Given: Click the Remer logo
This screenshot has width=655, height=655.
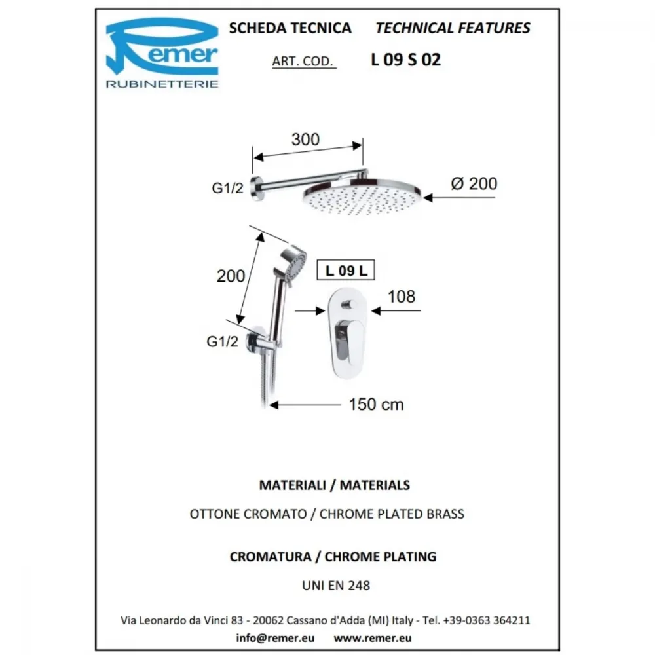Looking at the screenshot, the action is click(x=162, y=53).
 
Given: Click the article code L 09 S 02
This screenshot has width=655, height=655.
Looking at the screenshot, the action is click(x=405, y=60).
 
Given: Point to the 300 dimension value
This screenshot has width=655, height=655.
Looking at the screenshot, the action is click(x=305, y=140).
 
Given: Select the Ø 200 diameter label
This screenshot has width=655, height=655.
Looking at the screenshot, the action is click(x=474, y=184).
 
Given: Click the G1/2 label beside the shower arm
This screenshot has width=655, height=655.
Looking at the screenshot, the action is click(x=227, y=188).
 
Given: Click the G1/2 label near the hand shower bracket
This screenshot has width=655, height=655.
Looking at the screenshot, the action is click(x=222, y=341).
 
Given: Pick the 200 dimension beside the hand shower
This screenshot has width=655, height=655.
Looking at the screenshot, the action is click(x=231, y=276).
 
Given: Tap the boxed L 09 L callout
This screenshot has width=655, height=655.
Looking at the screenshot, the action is click(x=346, y=271).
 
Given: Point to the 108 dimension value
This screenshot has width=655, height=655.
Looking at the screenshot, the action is click(x=402, y=297).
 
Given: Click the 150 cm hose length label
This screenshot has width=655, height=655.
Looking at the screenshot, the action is click(x=376, y=404).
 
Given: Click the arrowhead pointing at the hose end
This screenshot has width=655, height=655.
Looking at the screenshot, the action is click(x=274, y=405).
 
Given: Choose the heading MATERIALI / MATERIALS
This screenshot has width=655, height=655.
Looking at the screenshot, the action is click(x=335, y=485).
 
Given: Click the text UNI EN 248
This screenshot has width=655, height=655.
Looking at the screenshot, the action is click(x=336, y=585).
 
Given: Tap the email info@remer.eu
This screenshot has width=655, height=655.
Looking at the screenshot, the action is click(x=275, y=638).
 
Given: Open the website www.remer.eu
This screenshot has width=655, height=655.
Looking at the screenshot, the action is click(x=373, y=638).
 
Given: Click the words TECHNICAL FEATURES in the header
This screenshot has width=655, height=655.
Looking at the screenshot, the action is click(x=453, y=28).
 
